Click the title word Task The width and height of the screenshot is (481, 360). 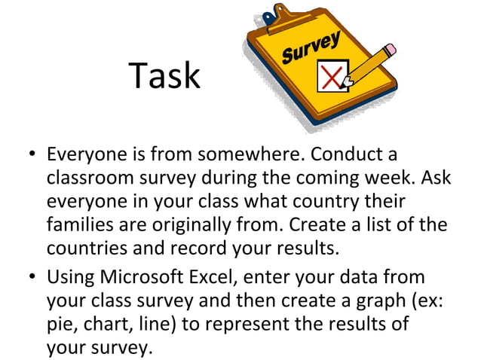click(x=164, y=76)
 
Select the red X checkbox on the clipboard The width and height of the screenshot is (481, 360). click(x=332, y=76)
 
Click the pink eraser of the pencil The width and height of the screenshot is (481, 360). click(x=390, y=50)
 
